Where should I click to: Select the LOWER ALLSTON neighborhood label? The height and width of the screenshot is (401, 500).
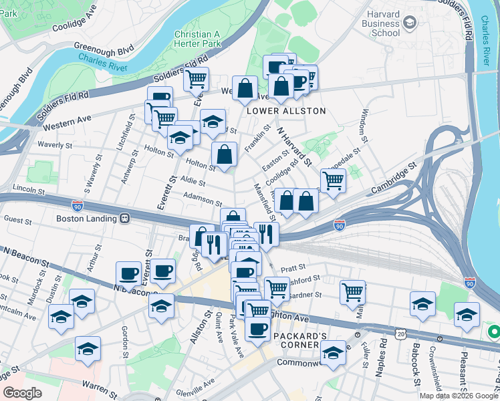[x=286, y=111]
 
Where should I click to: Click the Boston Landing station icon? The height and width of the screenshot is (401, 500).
[x=124, y=219]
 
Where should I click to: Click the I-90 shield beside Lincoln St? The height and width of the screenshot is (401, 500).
[x=78, y=207]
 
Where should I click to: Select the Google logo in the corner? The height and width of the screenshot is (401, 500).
[x=23, y=393]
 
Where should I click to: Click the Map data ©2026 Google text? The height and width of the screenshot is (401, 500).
[x=458, y=395]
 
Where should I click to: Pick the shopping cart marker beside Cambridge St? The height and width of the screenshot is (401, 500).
[x=332, y=180]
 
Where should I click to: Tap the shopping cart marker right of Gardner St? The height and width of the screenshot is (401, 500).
[x=352, y=291]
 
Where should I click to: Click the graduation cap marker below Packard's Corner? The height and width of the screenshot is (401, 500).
[x=332, y=352]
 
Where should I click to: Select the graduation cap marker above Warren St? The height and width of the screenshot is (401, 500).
[x=88, y=348]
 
